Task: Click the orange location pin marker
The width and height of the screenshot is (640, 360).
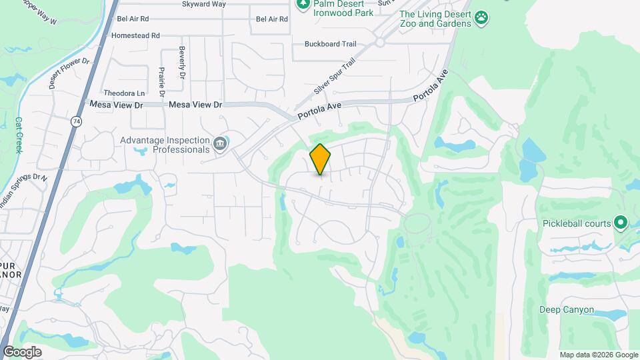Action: tap(320, 159)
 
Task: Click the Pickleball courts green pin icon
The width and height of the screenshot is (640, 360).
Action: tap(621, 223)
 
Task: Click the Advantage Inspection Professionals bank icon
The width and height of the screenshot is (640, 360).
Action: tap(219, 143)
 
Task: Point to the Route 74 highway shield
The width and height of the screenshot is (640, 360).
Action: tap(77, 121)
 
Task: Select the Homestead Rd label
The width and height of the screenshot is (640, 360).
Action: tap(136, 35)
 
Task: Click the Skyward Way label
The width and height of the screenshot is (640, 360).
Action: tap(204, 4)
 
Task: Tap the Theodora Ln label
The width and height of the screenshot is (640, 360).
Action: tap(124, 93)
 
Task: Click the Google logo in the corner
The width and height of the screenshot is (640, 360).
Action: tap(22, 352)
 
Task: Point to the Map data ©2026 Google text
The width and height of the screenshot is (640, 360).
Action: tap(599, 355)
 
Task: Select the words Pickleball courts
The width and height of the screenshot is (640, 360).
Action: tap(577, 223)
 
